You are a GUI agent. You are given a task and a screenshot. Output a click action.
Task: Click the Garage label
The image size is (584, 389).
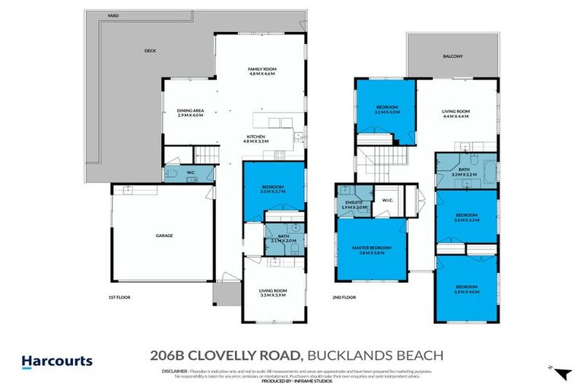click(x=164, y=236)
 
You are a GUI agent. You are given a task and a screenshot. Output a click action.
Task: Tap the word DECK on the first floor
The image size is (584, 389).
click(x=150, y=52)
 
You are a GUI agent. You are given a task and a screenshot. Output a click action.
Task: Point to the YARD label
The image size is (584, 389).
click(x=113, y=15)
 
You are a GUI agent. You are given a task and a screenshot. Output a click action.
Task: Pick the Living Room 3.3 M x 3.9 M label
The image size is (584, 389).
click(x=272, y=293)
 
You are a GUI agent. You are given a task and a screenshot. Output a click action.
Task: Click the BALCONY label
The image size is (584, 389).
click(x=454, y=57)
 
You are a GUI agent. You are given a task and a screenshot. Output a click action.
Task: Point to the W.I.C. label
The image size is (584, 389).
click(x=386, y=201)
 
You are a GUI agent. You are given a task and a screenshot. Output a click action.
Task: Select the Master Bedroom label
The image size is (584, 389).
click(x=372, y=250)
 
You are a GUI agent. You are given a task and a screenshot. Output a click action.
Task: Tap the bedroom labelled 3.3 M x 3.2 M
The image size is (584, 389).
click(x=466, y=217)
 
